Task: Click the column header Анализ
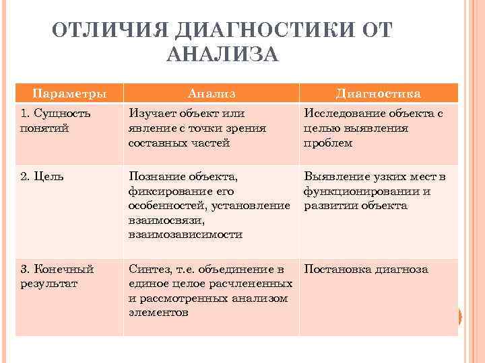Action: tap(212, 93)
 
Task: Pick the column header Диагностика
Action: tap(378, 93)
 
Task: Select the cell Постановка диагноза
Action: tap(366, 269)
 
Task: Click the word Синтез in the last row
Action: tap(149, 269)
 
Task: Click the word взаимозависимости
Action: tap(185, 235)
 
